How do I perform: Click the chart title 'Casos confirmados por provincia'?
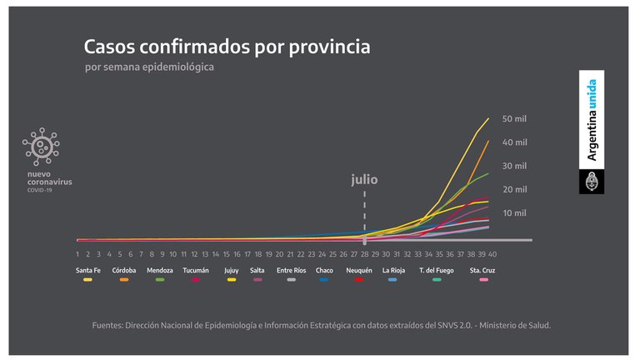227,46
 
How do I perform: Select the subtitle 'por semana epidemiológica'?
149,67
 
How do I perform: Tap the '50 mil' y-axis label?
514,119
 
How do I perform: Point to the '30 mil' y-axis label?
514,166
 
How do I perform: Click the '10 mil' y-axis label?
514,213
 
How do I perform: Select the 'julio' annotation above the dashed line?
364,178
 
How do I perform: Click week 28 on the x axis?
364,253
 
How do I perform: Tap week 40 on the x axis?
492,253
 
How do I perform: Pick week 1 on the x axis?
77,253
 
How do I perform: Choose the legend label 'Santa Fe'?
89,270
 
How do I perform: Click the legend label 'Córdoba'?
124,270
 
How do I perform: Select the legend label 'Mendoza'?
160,270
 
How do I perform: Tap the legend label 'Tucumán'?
196,270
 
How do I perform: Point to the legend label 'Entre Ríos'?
291,270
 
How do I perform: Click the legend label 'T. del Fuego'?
437,270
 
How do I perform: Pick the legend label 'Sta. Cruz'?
482,270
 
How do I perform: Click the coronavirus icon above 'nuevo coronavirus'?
41,147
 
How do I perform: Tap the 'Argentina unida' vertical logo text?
592,119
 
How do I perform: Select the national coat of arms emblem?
592,182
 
